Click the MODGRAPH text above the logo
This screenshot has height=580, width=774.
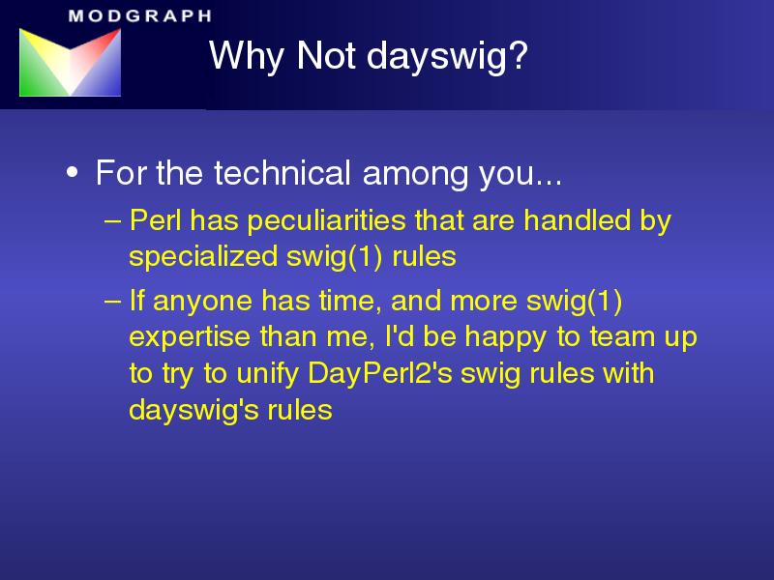tap(140, 15)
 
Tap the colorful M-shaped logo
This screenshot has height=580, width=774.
tap(70, 62)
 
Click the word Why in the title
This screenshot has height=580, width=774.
tap(247, 56)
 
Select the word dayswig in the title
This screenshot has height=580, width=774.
tap(436, 56)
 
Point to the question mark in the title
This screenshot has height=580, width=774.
tap(519, 54)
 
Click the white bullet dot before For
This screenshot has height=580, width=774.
tap(72, 173)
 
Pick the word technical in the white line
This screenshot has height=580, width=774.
tap(283, 173)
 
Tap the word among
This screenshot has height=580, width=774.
tap(415, 176)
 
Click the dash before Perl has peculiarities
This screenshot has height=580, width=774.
tap(112, 221)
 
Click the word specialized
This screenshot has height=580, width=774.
tap(203, 257)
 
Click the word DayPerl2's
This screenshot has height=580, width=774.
tap(380, 374)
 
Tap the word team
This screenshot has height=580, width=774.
tap(622, 337)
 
